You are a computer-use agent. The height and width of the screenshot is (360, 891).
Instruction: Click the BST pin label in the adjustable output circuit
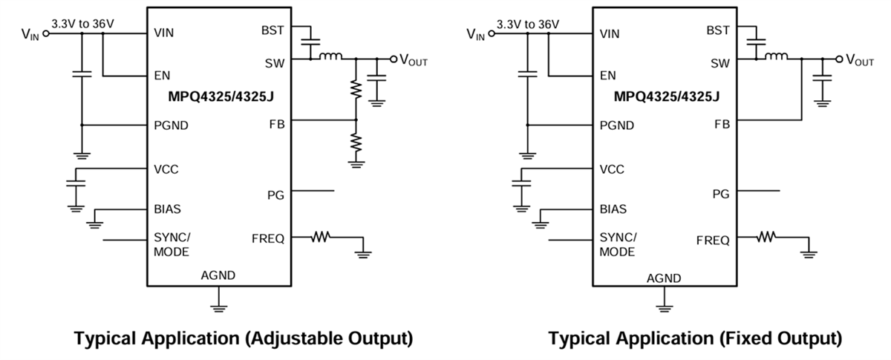(272, 30)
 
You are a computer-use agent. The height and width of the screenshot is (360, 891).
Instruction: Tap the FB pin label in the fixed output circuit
(721, 124)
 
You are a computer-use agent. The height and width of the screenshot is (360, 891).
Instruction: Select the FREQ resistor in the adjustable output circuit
(321, 238)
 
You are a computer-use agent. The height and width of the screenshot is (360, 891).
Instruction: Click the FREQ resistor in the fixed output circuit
(767, 238)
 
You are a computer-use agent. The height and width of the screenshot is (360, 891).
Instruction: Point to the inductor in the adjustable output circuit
(330, 56)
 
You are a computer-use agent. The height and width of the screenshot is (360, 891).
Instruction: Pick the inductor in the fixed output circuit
(777, 56)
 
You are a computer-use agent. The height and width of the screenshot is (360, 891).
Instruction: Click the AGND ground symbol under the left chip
(218, 305)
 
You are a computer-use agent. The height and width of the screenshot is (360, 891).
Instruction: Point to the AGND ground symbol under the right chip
(665, 305)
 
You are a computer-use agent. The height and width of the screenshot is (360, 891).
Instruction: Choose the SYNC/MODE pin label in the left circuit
(172, 244)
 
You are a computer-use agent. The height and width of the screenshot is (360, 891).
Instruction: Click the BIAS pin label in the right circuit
(613, 209)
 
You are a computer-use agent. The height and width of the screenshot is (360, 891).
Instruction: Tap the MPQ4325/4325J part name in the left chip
(219, 96)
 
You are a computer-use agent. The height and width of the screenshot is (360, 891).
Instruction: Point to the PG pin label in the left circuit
(275, 194)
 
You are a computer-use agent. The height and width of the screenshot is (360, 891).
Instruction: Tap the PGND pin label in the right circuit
(617, 125)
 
